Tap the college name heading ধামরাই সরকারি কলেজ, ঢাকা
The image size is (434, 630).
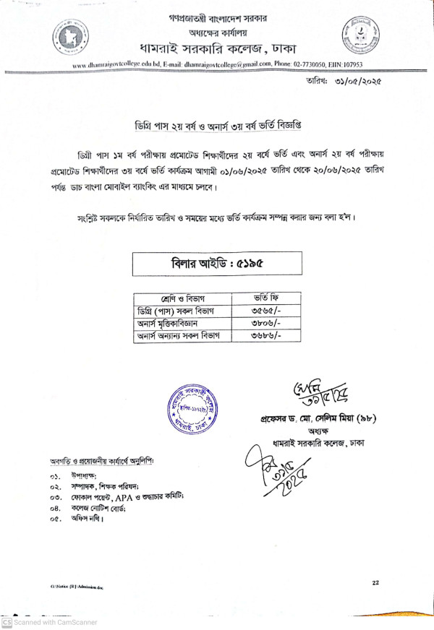pos(217,49)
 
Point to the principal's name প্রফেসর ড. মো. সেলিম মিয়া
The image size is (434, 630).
pos(315,419)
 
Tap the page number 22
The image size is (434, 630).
pos(375,582)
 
